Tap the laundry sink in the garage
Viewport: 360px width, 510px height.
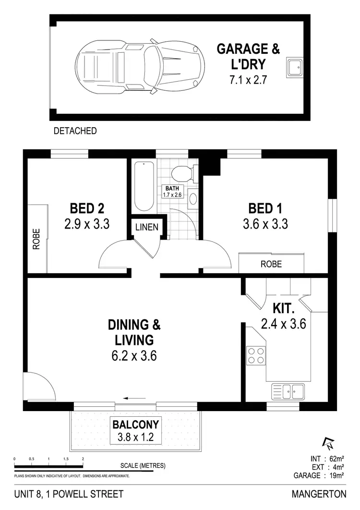[294, 67]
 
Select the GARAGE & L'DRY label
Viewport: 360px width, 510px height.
[248, 56]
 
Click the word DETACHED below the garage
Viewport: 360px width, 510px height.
[75, 131]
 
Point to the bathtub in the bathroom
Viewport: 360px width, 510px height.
[144, 186]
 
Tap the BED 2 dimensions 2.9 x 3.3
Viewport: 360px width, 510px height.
[87, 224]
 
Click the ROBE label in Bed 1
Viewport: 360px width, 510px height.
[271, 264]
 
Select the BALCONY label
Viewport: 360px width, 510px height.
[135, 425]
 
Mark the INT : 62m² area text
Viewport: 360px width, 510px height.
[327, 458]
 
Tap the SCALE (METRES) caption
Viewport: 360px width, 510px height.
[143, 465]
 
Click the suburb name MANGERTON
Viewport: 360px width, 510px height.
[318, 494]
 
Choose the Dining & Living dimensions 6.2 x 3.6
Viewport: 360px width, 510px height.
[134, 356]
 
